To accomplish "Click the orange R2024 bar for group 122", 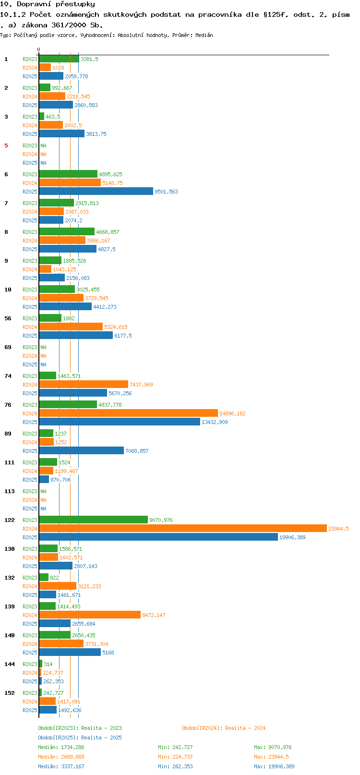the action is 183,528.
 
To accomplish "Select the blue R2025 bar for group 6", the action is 96,191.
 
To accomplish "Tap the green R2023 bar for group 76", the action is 68,404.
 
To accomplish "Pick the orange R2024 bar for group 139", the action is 90,615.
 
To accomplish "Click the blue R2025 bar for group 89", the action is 82,450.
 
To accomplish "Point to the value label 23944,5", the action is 338,529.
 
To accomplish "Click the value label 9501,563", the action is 167,192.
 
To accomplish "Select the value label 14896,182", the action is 232,413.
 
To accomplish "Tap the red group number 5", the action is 6,145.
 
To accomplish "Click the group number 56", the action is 8,318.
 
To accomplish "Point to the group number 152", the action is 10,693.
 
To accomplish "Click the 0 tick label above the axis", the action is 38,49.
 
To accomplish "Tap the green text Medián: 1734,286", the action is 61,747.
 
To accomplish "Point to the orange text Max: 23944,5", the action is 272,757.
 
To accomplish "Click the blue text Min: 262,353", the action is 175,766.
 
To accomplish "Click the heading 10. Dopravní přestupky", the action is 48,4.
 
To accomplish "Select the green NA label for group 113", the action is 43,491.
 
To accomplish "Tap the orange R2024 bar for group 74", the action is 84,384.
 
